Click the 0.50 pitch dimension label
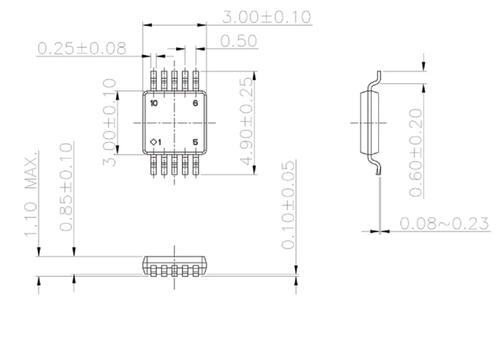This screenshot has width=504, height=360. (x=239, y=41)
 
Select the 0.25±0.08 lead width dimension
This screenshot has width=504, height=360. (x=82, y=49)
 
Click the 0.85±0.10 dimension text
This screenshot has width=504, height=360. (x=66, y=187)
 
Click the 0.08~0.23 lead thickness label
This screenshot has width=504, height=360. (x=444, y=224)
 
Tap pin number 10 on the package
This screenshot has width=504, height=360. (x=154, y=103)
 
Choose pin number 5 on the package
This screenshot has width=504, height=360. (x=195, y=142)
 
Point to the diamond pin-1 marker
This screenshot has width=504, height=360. (x=153, y=142)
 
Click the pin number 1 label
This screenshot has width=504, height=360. (x=159, y=142)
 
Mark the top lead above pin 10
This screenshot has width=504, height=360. (x=154, y=80)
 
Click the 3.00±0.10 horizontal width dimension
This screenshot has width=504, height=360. (x=267, y=17)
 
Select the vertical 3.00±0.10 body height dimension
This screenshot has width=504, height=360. (x=110, y=122)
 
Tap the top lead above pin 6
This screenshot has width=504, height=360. (x=196, y=80)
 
